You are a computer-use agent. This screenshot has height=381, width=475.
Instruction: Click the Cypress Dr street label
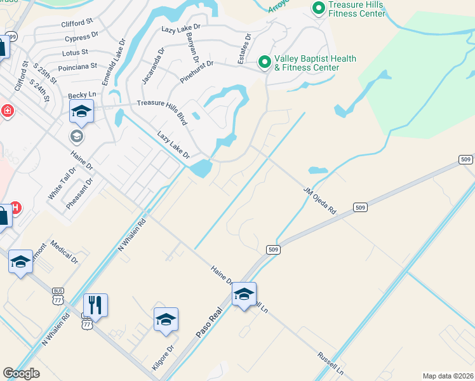click(x=81, y=38)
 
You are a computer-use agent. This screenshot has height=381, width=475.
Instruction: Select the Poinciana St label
click(x=77, y=66)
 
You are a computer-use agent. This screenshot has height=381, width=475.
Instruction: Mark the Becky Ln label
click(x=81, y=95)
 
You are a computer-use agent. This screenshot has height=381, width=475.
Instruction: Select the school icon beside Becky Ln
click(x=81, y=112)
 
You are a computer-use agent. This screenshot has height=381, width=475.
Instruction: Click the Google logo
click(x=21, y=373)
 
